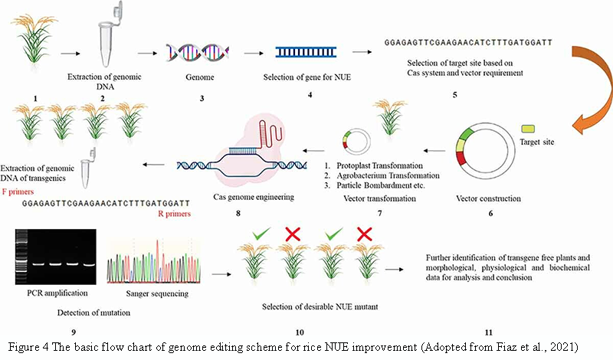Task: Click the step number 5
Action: click(x=454, y=95)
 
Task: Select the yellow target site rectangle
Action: click(x=528, y=128)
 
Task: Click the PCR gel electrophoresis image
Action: click(x=55, y=257)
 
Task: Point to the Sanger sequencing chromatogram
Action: click(x=154, y=261)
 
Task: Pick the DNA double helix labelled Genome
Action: click(x=198, y=53)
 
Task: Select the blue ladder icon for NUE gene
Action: click(x=306, y=52)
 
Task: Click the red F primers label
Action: click(x=18, y=192)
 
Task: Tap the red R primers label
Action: click(x=175, y=214)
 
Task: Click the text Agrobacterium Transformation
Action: click(x=388, y=175)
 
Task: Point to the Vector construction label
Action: click(x=488, y=198)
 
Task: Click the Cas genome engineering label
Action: click(x=254, y=197)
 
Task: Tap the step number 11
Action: click(x=488, y=332)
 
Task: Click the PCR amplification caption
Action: click(x=57, y=293)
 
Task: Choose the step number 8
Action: click(x=238, y=214)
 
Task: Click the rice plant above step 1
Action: click(x=34, y=38)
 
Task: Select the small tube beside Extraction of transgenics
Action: click(x=88, y=168)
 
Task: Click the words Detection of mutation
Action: click(x=93, y=313)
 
